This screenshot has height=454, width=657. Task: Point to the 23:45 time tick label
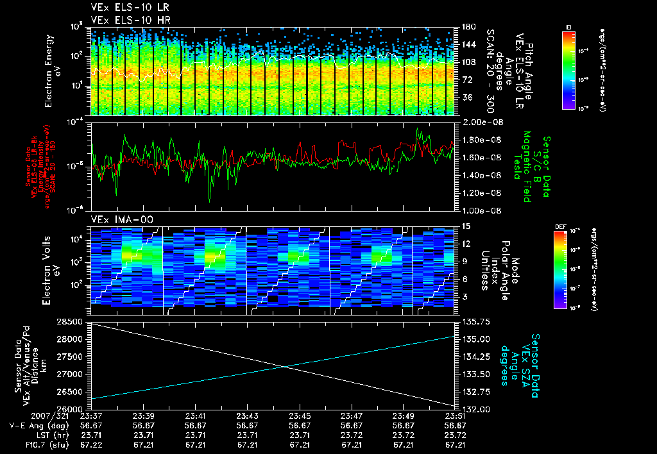click(300, 416)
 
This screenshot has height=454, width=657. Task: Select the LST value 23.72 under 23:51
click(454, 434)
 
